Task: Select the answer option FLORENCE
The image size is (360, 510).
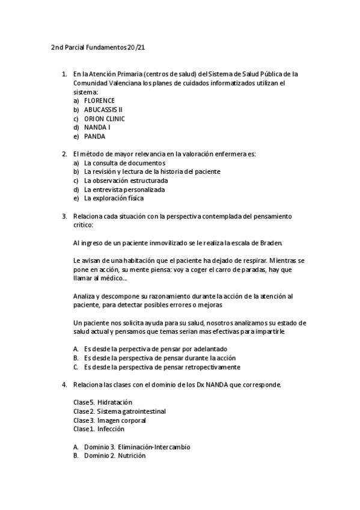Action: tap(99, 100)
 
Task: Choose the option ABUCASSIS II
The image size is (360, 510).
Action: tap(103, 109)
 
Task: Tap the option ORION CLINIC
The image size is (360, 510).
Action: tap(104, 118)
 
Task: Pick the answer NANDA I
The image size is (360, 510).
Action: tap(97, 127)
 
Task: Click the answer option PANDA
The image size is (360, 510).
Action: tap(94, 137)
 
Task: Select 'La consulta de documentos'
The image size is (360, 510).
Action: tap(124, 162)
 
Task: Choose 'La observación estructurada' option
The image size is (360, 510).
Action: tap(126, 180)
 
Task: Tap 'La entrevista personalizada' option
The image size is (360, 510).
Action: tap(124, 189)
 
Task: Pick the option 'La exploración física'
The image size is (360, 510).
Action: tap(114, 198)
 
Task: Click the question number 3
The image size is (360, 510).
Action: tap(64, 216)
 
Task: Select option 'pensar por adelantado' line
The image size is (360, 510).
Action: tap(155, 349)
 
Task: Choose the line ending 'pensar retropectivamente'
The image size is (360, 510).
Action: tap(162, 367)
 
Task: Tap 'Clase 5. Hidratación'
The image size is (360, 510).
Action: tap(102, 402)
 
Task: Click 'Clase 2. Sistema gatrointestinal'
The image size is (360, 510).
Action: tap(119, 411)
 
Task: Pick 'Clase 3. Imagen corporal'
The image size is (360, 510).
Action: tap(109, 420)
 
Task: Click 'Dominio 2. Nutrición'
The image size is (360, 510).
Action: tap(115, 456)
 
